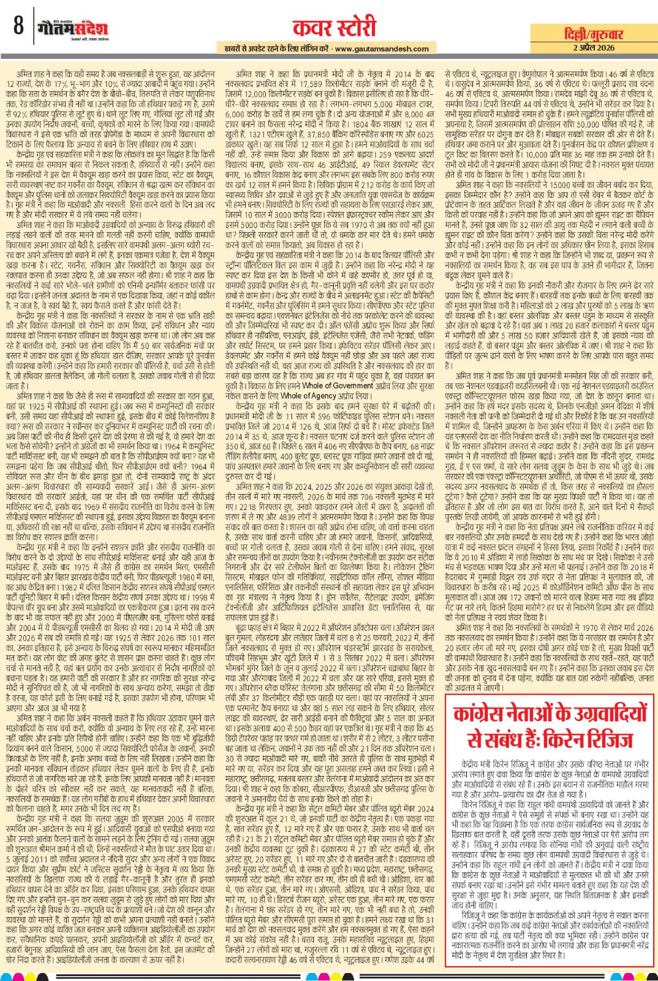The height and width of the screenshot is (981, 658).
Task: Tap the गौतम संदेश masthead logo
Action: [x=72, y=28]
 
